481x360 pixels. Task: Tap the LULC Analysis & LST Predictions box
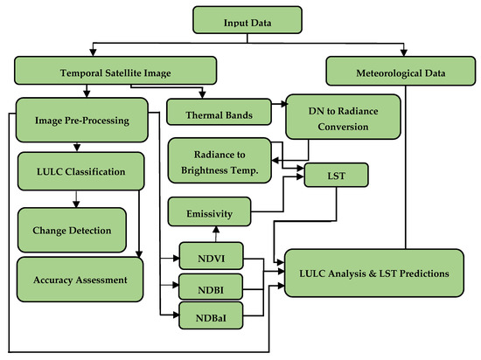(374, 273)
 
